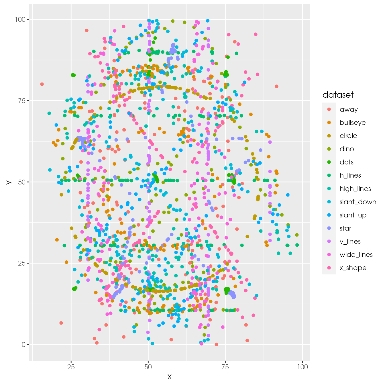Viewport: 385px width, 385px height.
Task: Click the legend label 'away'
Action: pos(349,110)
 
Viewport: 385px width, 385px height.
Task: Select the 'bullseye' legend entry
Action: pos(352,123)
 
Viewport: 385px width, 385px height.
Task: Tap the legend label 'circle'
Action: pos(348,136)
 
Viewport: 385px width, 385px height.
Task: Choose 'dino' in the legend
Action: pos(347,149)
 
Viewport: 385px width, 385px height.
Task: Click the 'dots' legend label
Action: pos(346,162)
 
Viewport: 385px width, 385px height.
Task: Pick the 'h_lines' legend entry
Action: pos(350,176)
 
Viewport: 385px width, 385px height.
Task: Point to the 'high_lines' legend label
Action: pos(355,189)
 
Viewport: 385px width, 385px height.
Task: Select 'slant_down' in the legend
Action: pos(358,202)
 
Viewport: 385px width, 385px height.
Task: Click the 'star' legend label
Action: pos(345,228)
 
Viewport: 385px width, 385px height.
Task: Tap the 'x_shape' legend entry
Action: pos(353,268)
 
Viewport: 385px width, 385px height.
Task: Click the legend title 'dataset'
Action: pos(338,95)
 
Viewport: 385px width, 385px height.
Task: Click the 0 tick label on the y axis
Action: pos(23,345)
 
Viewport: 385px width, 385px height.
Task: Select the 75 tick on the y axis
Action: pos(22,101)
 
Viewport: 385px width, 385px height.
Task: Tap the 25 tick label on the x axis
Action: pos(71,367)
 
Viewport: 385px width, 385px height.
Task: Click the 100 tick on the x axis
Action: pos(302,367)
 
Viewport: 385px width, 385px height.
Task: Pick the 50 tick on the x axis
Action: pos(148,367)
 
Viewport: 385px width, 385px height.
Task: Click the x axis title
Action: pos(170,377)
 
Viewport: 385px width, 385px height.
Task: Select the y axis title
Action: pos(9,182)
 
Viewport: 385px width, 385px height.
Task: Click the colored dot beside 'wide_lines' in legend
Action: pos(329,255)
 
